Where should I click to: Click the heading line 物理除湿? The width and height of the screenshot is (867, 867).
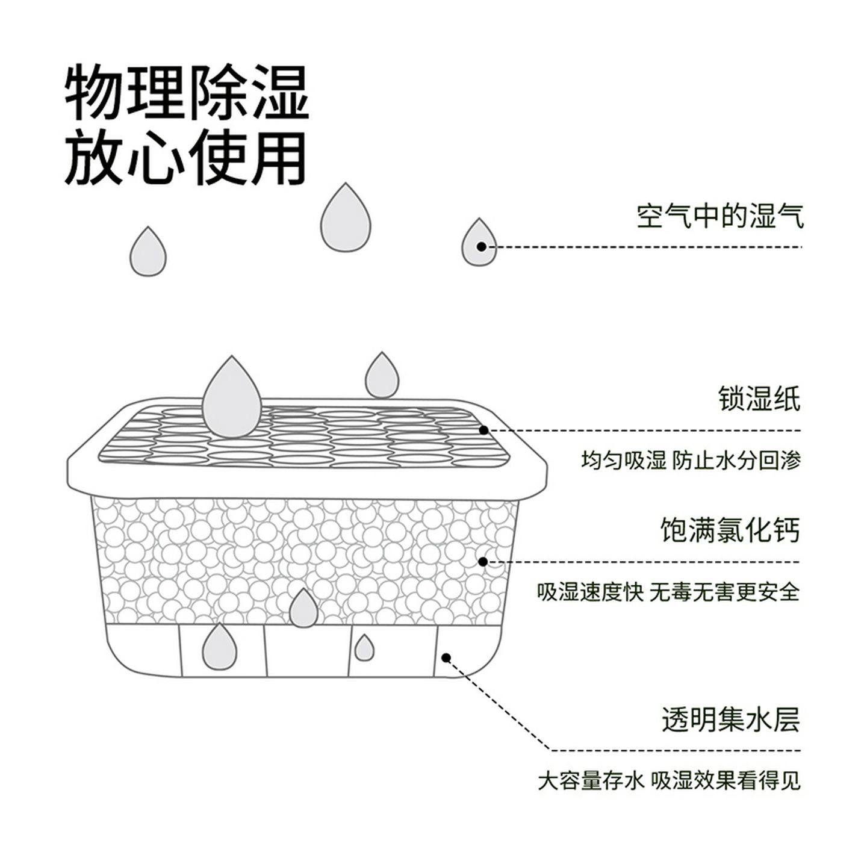click(x=187, y=94)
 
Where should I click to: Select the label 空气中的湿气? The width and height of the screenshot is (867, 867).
click(x=719, y=216)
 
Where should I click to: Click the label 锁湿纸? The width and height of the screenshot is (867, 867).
click(x=759, y=399)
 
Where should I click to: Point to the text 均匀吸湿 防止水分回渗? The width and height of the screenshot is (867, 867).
click(x=691, y=461)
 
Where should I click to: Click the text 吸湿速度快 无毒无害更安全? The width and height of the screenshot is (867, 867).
click(x=668, y=592)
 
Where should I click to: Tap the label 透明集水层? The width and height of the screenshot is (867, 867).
click(x=730, y=719)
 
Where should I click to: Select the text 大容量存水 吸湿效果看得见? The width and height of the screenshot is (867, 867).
click(x=669, y=781)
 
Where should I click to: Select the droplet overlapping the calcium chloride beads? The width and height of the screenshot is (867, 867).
click(x=303, y=609)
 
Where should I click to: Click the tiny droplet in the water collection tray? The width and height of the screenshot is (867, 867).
click(x=363, y=648)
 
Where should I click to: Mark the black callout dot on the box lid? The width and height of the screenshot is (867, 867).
click(x=483, y=430)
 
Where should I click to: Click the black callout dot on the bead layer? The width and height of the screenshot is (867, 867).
click(x=483, y=562)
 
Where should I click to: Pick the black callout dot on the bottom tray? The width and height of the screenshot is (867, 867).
click(x=446, y=657)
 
